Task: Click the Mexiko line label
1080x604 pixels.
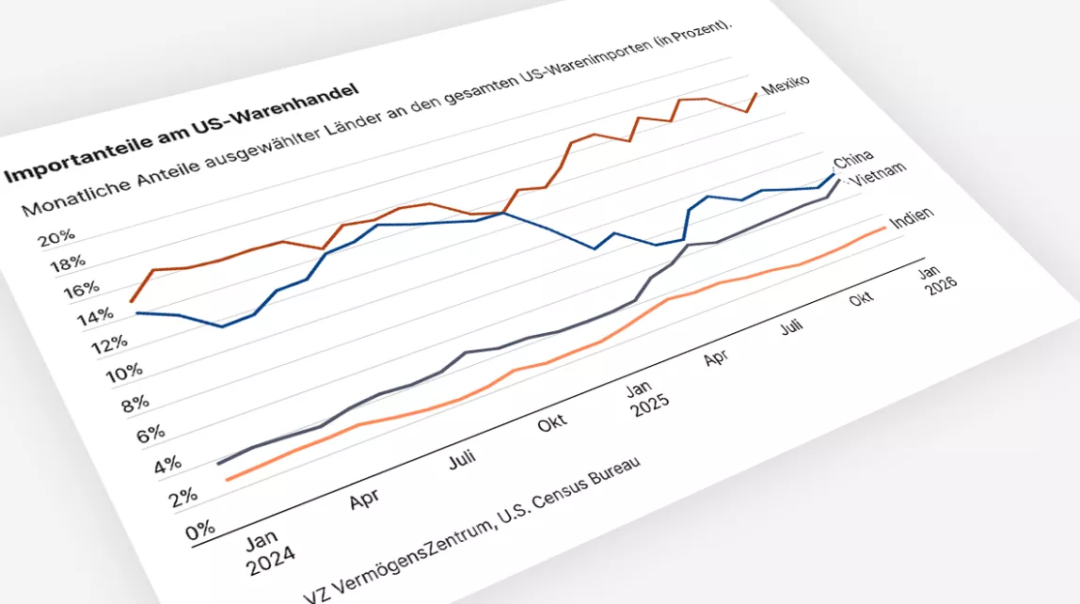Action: [x=786, y=85]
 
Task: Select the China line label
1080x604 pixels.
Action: [x=854, y=157]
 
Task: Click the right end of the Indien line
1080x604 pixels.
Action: [x=885, y=227]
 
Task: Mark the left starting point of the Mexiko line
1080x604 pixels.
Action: [x=131, y=301]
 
